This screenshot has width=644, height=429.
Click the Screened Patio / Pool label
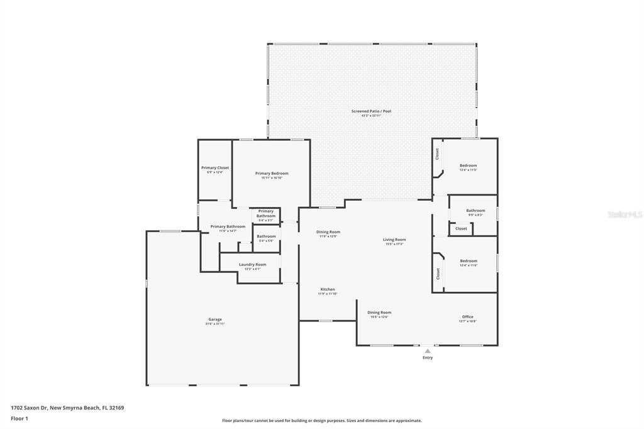pos(371,111)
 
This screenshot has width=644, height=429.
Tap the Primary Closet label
pos(215,168)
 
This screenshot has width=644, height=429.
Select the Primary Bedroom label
pos(272,174)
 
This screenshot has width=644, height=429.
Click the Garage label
pos(215,319)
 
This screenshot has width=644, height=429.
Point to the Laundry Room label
pos(252,264)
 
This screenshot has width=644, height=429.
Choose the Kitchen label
pos(328,289)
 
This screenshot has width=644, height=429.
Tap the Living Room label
pos(394,239)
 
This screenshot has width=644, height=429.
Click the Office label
pos(467,316)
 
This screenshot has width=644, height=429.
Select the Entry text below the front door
pos(428,358)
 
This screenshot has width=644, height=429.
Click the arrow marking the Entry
pos(428,350)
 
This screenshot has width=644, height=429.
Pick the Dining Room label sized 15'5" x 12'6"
pos(379,312)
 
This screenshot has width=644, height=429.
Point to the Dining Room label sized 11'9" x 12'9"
pos(328,231)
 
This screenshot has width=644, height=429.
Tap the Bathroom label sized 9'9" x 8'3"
pos(475,210)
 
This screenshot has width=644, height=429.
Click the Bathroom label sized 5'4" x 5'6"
pos(266,236)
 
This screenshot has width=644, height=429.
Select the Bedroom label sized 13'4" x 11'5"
pos(468,165)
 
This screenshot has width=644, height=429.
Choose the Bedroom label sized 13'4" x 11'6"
pos(468,260)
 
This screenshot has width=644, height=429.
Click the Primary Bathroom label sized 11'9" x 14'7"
pos(228,226)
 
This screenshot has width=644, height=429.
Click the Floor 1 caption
pos(19,418)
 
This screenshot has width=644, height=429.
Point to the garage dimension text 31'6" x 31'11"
pos(215,324)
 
